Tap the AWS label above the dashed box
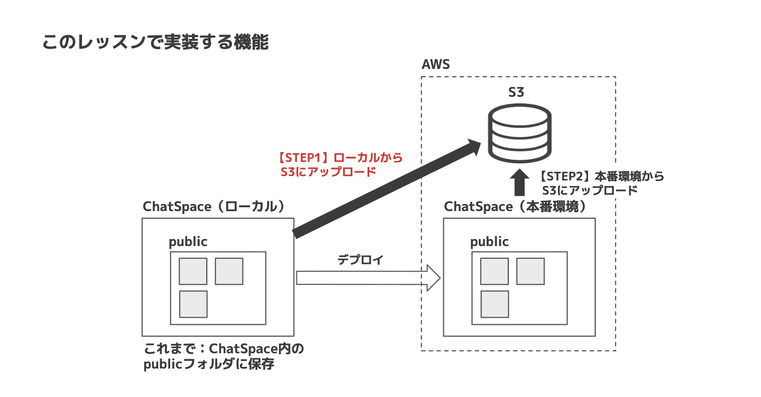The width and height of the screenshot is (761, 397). pos(435,65)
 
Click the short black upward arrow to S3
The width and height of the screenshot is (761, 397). pos(519,183)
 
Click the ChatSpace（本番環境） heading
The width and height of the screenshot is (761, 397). pos(515,207)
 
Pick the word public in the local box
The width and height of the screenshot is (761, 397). pos(188,241)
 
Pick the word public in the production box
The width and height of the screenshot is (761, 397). pos(489,241)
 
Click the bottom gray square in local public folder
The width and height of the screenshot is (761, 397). pos(193,304)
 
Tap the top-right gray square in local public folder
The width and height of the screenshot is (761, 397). pos(229,271)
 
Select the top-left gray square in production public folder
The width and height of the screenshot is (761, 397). pos(494,271)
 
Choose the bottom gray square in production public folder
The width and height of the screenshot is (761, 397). pos(495,304)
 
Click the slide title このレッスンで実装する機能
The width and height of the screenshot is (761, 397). pos(155,43)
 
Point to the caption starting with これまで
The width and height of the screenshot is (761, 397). pos(223,349)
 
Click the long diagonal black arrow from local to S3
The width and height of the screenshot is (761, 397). pos(383,189)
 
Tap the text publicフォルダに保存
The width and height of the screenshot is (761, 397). pos(208,365)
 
